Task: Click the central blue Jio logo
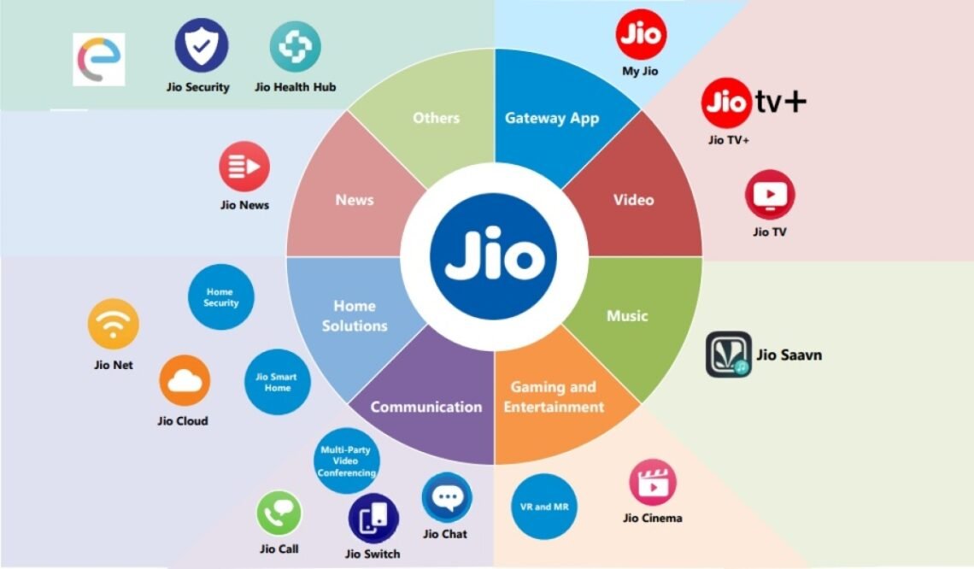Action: coord(494,256)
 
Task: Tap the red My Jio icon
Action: coord(641,35)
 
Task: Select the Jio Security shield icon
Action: coord(202,46)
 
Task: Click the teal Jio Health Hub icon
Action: coord(295,47)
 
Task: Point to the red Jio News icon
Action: coord(244,167)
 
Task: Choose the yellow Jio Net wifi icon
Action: coord(113,324)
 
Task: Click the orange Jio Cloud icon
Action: coord(185,380)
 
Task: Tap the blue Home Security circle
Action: coord(220,297)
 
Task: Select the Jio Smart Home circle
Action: coord(277,382)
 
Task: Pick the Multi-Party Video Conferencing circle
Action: coord(347,460)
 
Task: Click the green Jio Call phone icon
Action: coord(279,513)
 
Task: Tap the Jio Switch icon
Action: coord(373,519)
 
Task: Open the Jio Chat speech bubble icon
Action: coord(447,497)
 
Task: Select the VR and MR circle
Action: coord(544,507)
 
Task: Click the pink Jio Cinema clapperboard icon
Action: coord(652,483)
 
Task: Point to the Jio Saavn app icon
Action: coord(729,354)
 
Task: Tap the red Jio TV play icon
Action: coord(770,195)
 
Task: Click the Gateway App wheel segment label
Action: coord(552,118)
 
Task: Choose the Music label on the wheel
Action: coord(627,315)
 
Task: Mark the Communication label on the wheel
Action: coord(426,407)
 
